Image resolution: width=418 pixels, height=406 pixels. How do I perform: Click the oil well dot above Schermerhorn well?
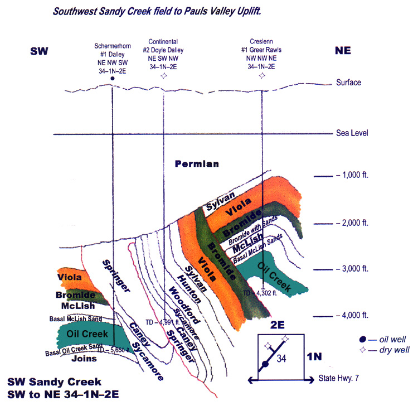113,79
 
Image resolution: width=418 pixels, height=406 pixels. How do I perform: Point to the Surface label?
349,83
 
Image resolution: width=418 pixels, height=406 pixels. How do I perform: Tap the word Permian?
197,164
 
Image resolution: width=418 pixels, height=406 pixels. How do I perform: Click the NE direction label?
347,51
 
